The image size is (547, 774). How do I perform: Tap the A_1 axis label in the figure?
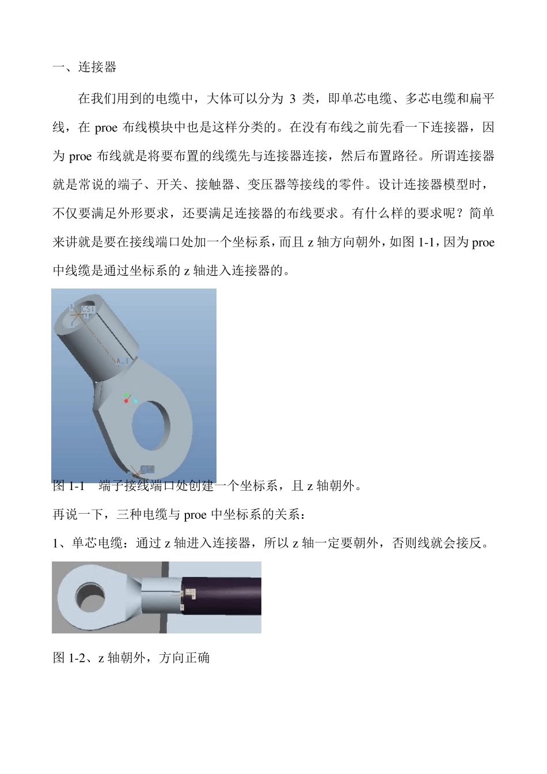122,361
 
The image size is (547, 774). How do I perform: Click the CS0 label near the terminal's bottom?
147,468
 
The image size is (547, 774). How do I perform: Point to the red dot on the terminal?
126,401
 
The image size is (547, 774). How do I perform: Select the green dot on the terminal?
127,396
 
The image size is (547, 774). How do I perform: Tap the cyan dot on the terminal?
136,400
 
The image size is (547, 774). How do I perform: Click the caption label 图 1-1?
69,486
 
